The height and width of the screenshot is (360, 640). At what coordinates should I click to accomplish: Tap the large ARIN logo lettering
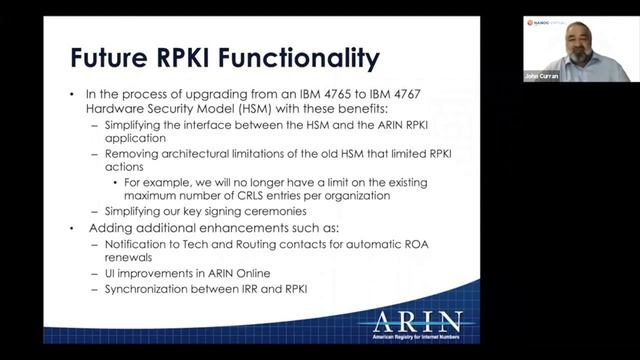418,322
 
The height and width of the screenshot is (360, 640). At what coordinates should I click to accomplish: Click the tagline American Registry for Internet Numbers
417,340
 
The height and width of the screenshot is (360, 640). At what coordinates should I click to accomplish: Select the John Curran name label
540,76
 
